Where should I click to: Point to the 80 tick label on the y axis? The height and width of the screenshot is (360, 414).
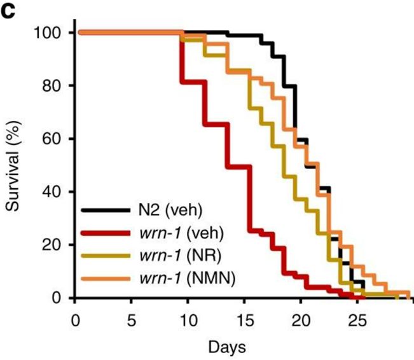click(x=55, y=86)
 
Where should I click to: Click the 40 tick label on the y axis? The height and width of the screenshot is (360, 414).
click(x=55, y=192)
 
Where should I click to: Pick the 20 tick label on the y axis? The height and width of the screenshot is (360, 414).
click(x=55, y=245)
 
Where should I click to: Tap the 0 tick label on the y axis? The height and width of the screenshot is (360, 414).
click(x=59, y=298)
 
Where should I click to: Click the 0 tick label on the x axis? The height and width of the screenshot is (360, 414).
click(x=75, y=317)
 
